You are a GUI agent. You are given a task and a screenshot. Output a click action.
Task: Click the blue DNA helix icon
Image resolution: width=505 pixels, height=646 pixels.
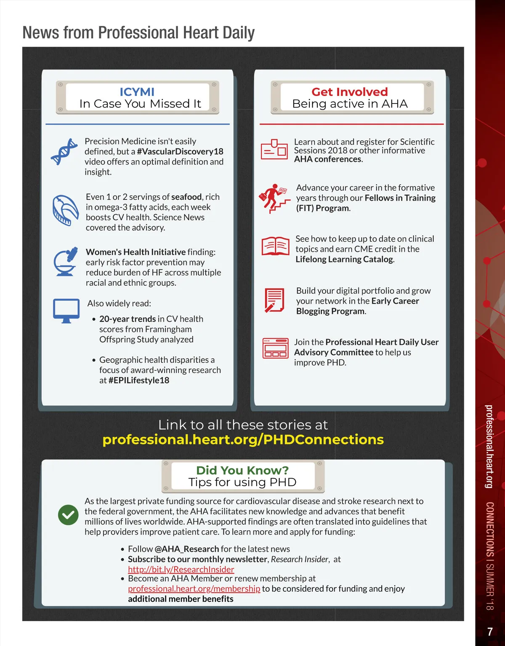click(64, 152)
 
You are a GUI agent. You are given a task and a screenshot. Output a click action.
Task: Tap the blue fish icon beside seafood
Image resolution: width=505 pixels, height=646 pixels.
click(65, 210)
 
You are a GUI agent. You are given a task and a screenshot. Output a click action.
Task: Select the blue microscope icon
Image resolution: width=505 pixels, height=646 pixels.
click(66, 261)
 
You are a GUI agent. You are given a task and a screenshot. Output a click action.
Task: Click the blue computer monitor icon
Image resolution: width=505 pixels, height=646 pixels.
click(66, 311)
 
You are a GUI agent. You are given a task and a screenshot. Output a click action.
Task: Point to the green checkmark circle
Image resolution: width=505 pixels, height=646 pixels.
click(68, 515)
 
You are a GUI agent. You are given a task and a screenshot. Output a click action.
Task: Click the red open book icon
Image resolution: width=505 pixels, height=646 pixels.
click(275, 246)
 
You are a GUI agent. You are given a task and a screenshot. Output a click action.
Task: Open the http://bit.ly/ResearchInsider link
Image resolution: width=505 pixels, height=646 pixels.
click(181, 569)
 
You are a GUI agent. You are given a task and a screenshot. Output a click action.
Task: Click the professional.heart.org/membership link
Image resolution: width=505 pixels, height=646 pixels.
click(194, 588)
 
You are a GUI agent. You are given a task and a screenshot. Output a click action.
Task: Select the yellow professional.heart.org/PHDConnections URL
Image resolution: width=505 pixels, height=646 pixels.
click(243, 439)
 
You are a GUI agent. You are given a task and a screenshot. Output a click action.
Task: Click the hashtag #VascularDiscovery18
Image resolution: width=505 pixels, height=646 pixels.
click(180, 152)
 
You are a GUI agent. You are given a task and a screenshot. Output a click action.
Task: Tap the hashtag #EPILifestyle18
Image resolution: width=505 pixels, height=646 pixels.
click(139, 380)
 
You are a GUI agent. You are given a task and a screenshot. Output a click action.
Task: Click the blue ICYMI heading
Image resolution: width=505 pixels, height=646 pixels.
click(137, 92)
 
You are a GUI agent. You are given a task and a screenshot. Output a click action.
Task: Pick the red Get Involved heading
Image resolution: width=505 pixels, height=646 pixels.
click(350, 92)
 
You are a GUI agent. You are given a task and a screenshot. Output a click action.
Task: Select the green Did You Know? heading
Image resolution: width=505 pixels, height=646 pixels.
click(242, 470)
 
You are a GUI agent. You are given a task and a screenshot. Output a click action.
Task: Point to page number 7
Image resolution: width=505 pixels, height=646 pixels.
click(490, 632)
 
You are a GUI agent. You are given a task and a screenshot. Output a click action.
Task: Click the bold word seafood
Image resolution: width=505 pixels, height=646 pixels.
click(186, 197)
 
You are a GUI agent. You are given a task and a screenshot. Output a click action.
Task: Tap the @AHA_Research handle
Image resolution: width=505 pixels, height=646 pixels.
click(187, 549)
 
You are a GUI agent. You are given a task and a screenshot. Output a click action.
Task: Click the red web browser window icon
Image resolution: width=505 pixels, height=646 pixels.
click(275, 348)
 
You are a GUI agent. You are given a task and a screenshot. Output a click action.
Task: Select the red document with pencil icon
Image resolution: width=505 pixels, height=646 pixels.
click(274, 300)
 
